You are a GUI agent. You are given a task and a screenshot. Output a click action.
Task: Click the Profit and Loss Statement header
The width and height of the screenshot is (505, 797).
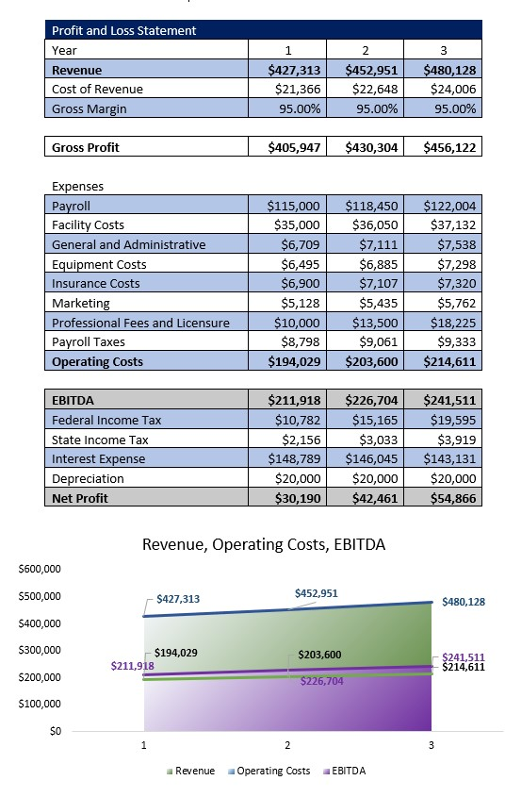pyautogui.click(x=124, y=30)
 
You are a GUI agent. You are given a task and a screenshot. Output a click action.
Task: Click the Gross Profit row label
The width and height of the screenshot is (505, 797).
pyautogui.click(x=86, y=147)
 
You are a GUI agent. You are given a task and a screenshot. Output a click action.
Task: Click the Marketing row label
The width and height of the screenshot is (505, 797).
pyautogui.click(x=81, y=303)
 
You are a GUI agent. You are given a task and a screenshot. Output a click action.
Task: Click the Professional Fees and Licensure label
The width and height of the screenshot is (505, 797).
pyautogui.click(x=140, y=323)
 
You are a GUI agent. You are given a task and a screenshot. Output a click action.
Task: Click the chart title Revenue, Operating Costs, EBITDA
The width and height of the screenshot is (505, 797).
pyautogui.click(x=263, y=544)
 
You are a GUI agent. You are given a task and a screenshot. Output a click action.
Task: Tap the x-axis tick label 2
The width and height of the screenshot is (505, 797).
pyautogui.click(x=287, y=745)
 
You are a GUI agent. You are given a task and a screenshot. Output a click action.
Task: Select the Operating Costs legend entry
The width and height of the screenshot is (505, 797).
pyautogui.click(x=269, y=771)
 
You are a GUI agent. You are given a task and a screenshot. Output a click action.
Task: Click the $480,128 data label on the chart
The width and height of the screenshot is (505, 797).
pyautogui.click(x=464, y=602)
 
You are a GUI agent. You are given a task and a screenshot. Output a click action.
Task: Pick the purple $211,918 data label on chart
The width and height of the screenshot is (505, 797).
pyautogui.click(x=132, y=666)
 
